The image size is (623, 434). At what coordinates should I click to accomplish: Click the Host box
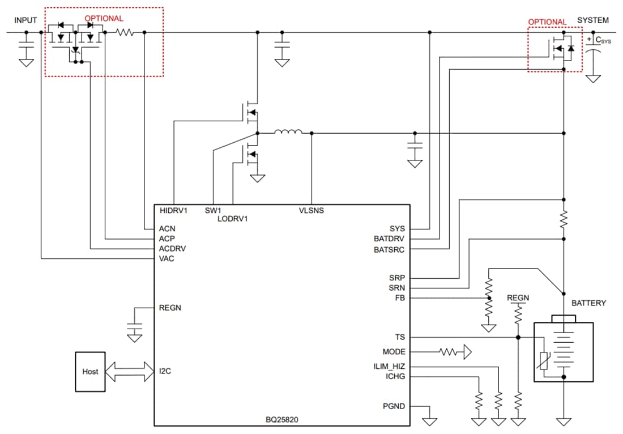[x=90, y=372]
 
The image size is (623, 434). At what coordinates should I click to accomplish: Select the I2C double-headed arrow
[x=130, y=372]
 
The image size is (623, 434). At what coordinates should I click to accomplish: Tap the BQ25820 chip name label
[x=281, y=420]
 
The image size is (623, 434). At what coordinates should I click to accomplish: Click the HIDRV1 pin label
[x=173, y=211]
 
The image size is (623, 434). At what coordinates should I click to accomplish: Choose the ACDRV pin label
[x=172, y=249]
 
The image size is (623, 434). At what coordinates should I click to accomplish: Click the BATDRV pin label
[x=390, y=239]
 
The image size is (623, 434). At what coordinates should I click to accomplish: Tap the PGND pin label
[x=394, y=406]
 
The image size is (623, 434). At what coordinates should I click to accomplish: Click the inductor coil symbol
[x=288, y=133]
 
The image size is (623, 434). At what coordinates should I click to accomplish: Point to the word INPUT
[x=25, y=20]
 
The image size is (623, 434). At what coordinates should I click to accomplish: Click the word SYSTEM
[x=593, y=20]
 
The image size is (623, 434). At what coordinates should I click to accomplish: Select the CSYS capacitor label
[x=603, y=41]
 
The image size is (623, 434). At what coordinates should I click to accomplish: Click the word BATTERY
[x=588, y=303]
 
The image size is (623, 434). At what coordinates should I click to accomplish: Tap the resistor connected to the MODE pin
[x=450, y=352]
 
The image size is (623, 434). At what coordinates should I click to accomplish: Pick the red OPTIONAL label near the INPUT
[x=104, y=19]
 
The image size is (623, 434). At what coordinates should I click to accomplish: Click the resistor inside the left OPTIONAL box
[x=125, y=33]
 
